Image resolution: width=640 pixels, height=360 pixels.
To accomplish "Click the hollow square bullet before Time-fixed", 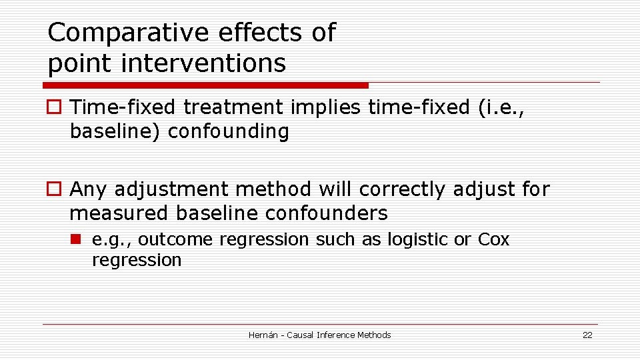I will coord(53,107).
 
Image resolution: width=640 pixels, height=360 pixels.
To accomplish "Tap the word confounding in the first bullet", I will coord(229,131).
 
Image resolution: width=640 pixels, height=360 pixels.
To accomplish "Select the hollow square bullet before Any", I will coord(53,190).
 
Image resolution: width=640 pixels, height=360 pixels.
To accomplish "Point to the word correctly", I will coord(399,189).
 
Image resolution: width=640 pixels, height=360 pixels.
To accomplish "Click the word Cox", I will coord(493,239).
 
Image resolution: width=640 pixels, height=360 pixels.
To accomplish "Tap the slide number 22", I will coord(587,335).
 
